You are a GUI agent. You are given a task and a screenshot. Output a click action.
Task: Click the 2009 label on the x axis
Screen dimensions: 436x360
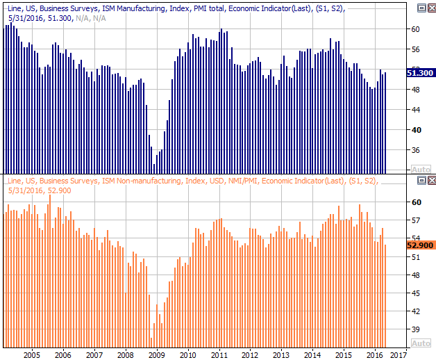(156, 355)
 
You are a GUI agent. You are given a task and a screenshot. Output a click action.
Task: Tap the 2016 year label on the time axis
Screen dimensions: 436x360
(374, 355)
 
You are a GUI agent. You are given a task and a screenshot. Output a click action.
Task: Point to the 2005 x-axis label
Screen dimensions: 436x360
(32, 355)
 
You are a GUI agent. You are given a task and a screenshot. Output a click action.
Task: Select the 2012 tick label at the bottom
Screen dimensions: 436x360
(250, 355)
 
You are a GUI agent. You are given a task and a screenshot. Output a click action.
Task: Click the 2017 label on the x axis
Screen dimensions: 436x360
(399, 355)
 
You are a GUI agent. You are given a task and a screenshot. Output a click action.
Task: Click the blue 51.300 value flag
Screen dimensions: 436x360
(420, 73)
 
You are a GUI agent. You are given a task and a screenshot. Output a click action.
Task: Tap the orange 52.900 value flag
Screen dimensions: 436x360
(420, 245)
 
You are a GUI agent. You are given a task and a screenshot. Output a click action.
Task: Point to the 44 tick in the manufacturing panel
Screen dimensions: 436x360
(415, 110)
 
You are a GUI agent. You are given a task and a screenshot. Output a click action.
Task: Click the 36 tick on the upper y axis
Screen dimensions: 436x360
(415, 150)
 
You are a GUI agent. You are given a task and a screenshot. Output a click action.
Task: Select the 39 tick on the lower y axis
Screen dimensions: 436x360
(415, 329)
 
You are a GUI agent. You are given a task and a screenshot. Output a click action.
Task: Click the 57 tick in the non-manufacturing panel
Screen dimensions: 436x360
(415, 220)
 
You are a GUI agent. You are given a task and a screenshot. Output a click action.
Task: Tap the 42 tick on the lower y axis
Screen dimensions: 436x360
(415, 311)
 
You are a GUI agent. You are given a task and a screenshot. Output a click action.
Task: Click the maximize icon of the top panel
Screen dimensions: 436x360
(421, 8)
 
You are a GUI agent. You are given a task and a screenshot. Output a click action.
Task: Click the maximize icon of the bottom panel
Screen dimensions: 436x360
(421, 181)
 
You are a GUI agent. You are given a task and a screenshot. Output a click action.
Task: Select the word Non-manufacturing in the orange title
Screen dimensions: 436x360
(149, 181)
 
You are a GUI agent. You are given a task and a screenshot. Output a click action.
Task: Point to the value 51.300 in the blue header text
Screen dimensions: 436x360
(60, 18)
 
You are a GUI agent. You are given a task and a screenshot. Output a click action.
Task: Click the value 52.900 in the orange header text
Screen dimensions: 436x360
(60, 190)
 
